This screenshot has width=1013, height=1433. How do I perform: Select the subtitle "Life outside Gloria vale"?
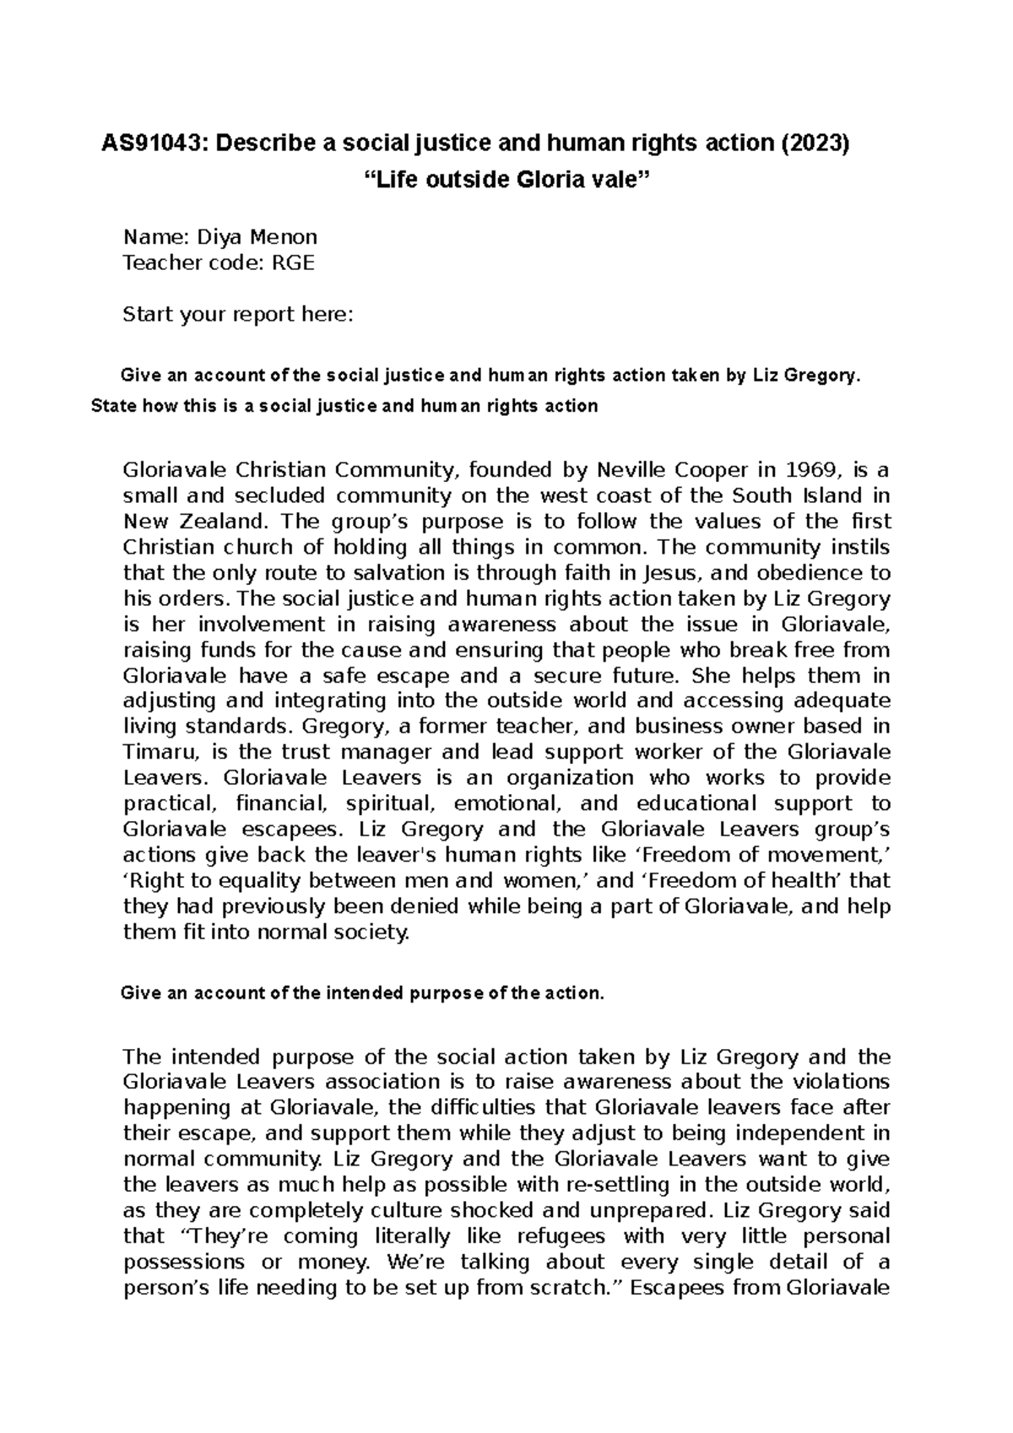[506, 180]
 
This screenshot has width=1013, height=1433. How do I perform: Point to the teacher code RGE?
[292, 263]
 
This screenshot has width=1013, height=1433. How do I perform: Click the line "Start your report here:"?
[238, 316]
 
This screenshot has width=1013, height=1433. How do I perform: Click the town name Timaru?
[152, 752]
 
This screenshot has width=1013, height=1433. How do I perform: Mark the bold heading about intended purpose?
[364, 993]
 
